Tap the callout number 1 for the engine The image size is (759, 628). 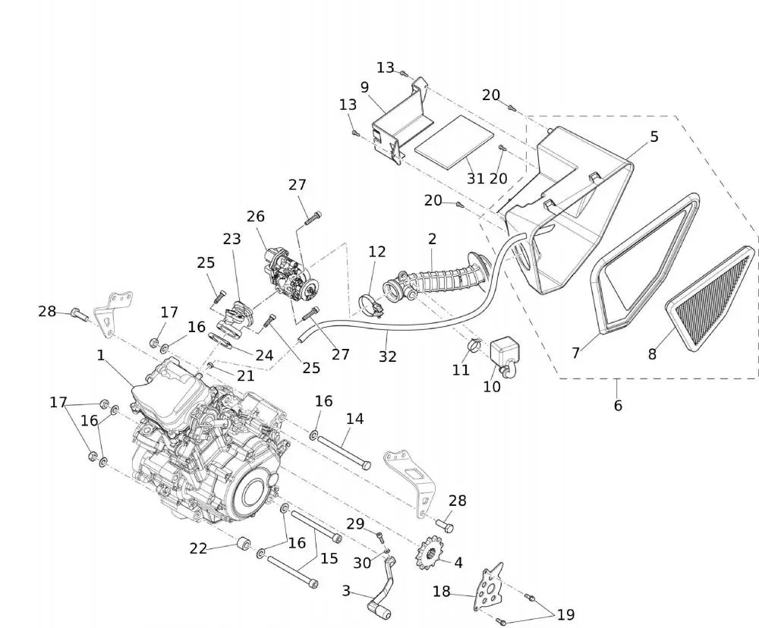[x=101, y=354]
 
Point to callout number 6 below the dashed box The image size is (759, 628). [x=618, y=406]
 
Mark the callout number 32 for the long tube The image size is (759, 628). [x=388, y=356]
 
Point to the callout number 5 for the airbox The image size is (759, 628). [x=653, y=137]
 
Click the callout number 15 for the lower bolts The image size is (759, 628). [x=329, y=557]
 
